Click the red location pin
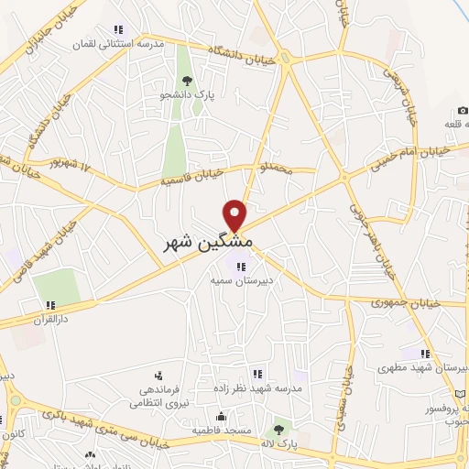236,214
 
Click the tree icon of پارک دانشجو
188,81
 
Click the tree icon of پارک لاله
278,428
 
